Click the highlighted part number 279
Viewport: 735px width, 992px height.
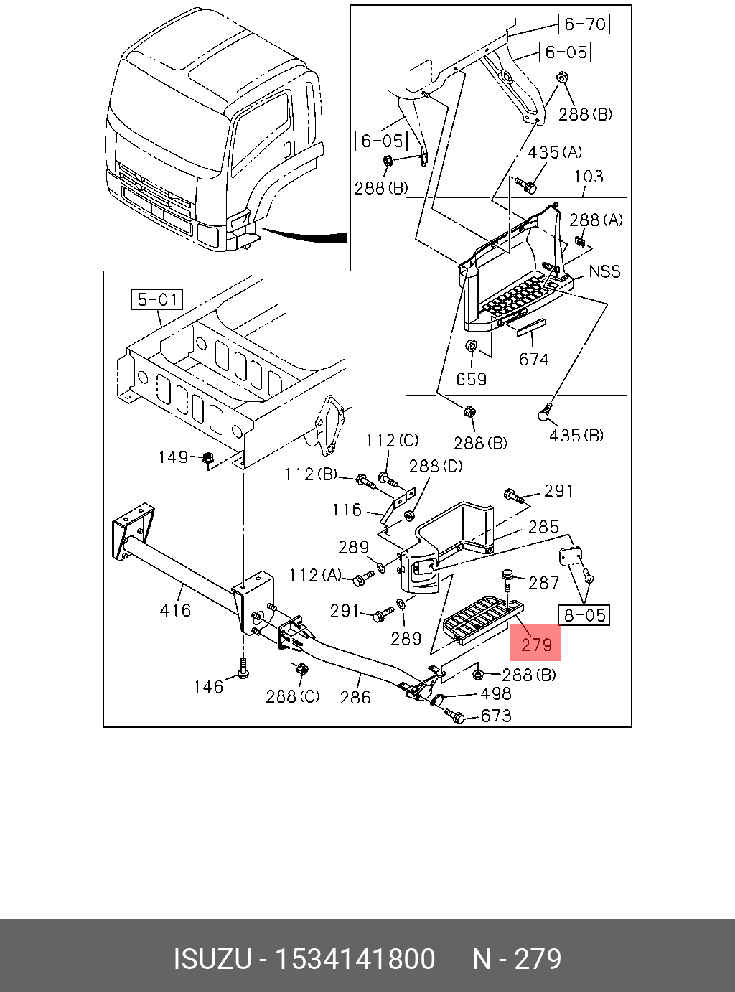535,644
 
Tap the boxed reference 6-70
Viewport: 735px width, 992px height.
585,24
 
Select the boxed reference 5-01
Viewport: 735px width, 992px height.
157,299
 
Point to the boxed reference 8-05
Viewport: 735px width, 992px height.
584,615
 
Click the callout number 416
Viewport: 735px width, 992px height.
175,610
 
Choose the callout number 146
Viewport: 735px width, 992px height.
208,687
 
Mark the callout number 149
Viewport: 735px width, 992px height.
173,457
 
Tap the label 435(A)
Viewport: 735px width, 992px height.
555,152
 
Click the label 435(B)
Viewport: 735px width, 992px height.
576,435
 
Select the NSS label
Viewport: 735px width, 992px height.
604,271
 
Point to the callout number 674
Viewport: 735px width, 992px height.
534,359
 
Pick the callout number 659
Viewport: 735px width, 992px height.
471,378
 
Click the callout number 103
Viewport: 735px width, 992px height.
589,177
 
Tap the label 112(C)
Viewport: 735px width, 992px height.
392,440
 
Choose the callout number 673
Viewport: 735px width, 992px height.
497,716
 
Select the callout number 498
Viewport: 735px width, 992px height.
496,693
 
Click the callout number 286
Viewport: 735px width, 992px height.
355,696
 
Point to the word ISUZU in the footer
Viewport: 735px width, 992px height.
212,959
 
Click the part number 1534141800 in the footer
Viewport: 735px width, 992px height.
356,959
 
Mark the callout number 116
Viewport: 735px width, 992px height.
347,510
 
